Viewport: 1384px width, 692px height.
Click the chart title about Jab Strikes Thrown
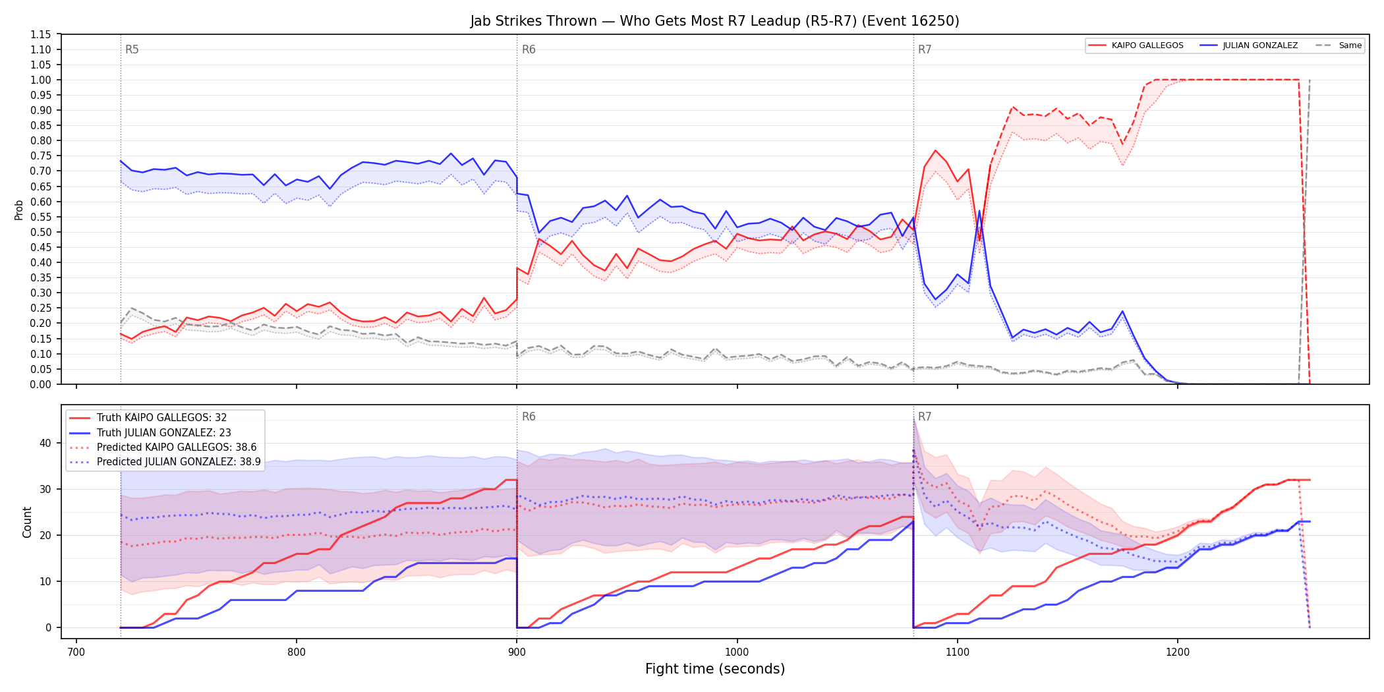(x=714, y=21)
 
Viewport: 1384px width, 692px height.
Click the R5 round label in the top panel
(x=132, y=49)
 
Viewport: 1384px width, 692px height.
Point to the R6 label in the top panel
(x=529, y=49)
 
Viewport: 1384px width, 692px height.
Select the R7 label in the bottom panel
(x=925, y=417)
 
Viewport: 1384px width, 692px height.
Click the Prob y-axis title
(x=18, y=210)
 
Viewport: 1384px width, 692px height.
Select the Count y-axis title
(x=27, y=522)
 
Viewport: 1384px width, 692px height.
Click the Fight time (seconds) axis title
(x=715, y=669)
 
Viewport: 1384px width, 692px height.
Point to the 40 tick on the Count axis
(x=45, y=443)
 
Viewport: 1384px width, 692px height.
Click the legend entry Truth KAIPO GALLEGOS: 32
(x=161, y=418)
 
